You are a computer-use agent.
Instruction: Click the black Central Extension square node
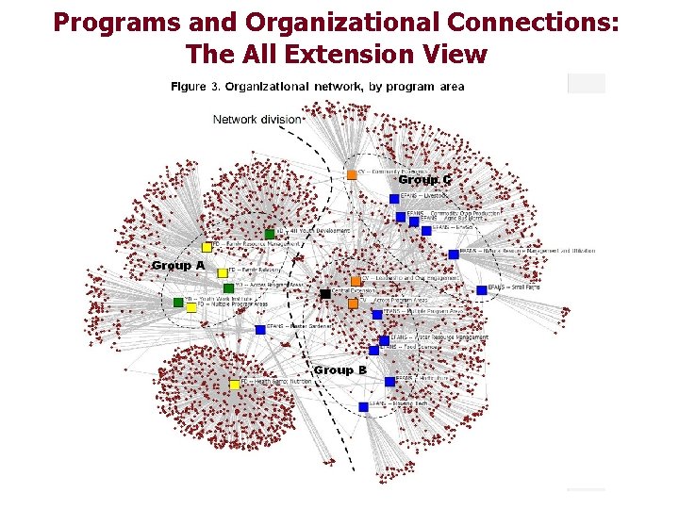coord(325,294)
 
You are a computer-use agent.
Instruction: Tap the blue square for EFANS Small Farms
coord(481,289)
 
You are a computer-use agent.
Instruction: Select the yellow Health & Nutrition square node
coord(235,384)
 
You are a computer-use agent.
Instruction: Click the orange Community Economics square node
coord(352,173)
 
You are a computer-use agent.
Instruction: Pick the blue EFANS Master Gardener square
coord(260,329)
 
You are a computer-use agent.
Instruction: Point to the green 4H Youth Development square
coord(270,233)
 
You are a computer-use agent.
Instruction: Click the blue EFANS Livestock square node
coord(394,198)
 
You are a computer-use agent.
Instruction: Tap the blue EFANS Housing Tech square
coord(363,407)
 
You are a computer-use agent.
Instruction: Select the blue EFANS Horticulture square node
coord(389,381)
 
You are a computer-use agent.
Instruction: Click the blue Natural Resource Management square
coord(454,253)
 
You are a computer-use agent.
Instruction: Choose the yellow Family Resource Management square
coord(207,247)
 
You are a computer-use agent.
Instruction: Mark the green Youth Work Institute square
coord(178,302)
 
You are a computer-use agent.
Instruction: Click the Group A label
coord(178,266)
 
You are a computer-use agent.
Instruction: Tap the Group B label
coord(340,370)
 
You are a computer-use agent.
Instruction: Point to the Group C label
coord(424,179)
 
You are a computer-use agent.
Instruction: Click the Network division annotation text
coord(257,120)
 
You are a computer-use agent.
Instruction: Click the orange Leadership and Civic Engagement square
coord(356,280)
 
